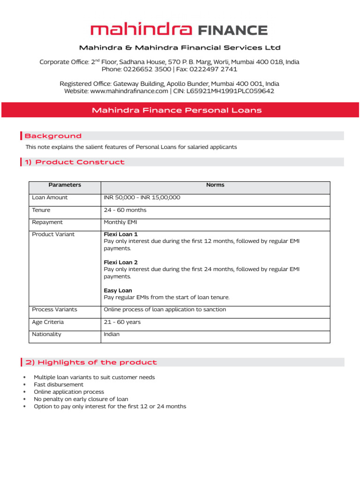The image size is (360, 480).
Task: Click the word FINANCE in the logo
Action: (232, 31)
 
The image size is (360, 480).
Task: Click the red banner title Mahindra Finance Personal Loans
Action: (177, 111)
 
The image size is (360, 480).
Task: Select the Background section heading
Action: (53, 136)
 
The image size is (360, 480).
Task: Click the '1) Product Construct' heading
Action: (75, 162)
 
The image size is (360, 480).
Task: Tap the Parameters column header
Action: (65, 185)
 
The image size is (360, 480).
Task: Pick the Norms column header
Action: (215, 185)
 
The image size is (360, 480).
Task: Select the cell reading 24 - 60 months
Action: (125, 210)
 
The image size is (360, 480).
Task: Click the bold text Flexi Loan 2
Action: (120, 262)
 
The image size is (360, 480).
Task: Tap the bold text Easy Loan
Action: (118, 291)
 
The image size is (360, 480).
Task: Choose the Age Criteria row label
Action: (48, 322)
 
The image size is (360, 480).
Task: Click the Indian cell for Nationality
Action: (112, 334)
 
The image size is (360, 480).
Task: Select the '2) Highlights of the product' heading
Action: (91, 362)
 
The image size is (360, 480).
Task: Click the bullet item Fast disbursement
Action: (59, 384)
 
